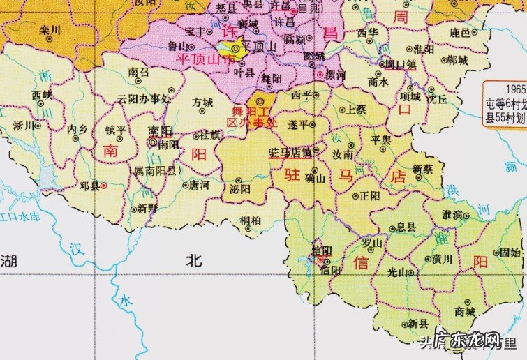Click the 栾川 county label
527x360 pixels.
tap(51, 31)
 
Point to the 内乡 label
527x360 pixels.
tap(76, 129)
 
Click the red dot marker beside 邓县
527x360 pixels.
tap(104, 186)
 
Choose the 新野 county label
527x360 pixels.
tap(147, 208)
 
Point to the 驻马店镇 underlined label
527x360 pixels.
tap(288, 151)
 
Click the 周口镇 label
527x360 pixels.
tap(401, 64)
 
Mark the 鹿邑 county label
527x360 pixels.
tap(460, 32)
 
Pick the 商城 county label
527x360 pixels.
tap(464, 310)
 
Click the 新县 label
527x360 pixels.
tap(418, 323)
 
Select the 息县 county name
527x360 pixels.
tap(406, 227)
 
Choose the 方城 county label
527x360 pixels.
tap(202, 102)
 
